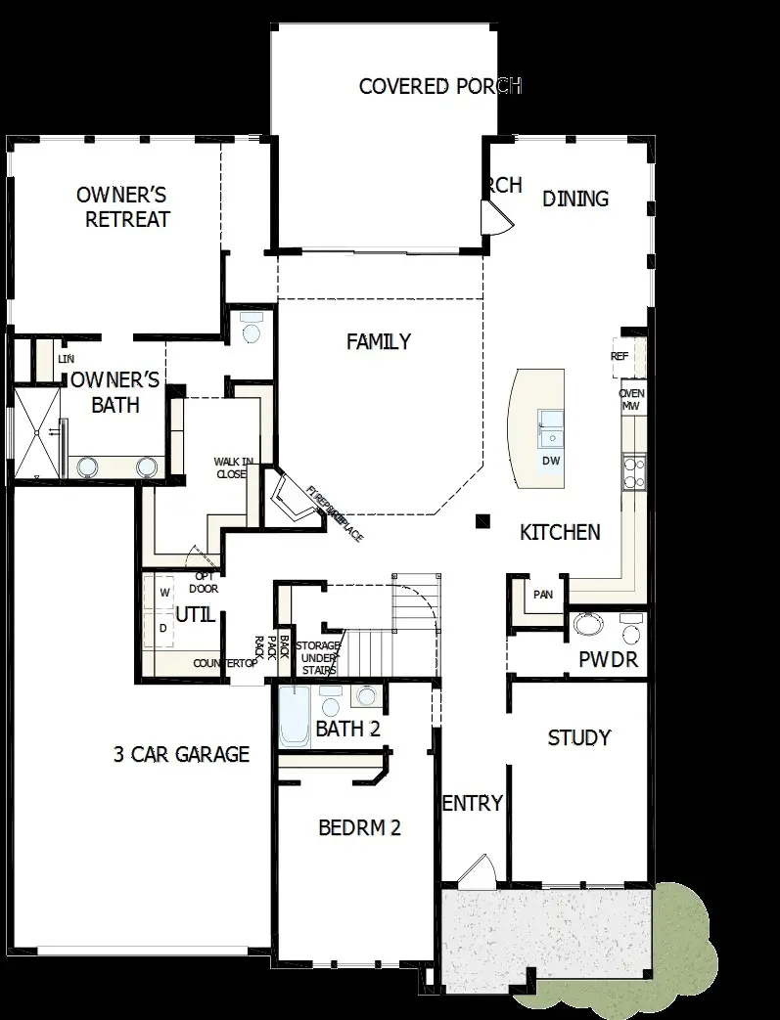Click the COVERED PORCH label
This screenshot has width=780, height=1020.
pos(439,86)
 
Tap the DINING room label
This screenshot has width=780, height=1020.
pos(575,199)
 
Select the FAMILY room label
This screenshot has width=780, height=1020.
pos(379,342)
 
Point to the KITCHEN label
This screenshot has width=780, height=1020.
pos(560,533)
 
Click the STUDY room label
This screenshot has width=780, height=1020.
pos(579,737)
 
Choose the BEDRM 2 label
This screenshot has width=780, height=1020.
pos(360,828)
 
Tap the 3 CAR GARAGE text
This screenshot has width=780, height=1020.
pos(181,754)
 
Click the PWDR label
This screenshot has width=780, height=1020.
pos(608,660)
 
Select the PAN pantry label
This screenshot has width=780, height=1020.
pos(543,595)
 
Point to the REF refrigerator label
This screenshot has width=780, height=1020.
pos(619,357)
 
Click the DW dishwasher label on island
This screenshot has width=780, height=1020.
pos(550,461)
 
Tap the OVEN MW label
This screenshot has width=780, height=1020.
pos(632,399)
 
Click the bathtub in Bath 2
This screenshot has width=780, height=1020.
pos(294,719)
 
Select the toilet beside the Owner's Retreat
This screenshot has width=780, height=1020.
pos(252,330)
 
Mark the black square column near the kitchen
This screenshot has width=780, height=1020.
pos(482,521)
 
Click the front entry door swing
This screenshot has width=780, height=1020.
pos(475,870)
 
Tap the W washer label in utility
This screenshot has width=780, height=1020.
pos(165,593)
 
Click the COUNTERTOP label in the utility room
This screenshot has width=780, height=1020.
pos(225,664)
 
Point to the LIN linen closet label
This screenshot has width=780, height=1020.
pos(66,360)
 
